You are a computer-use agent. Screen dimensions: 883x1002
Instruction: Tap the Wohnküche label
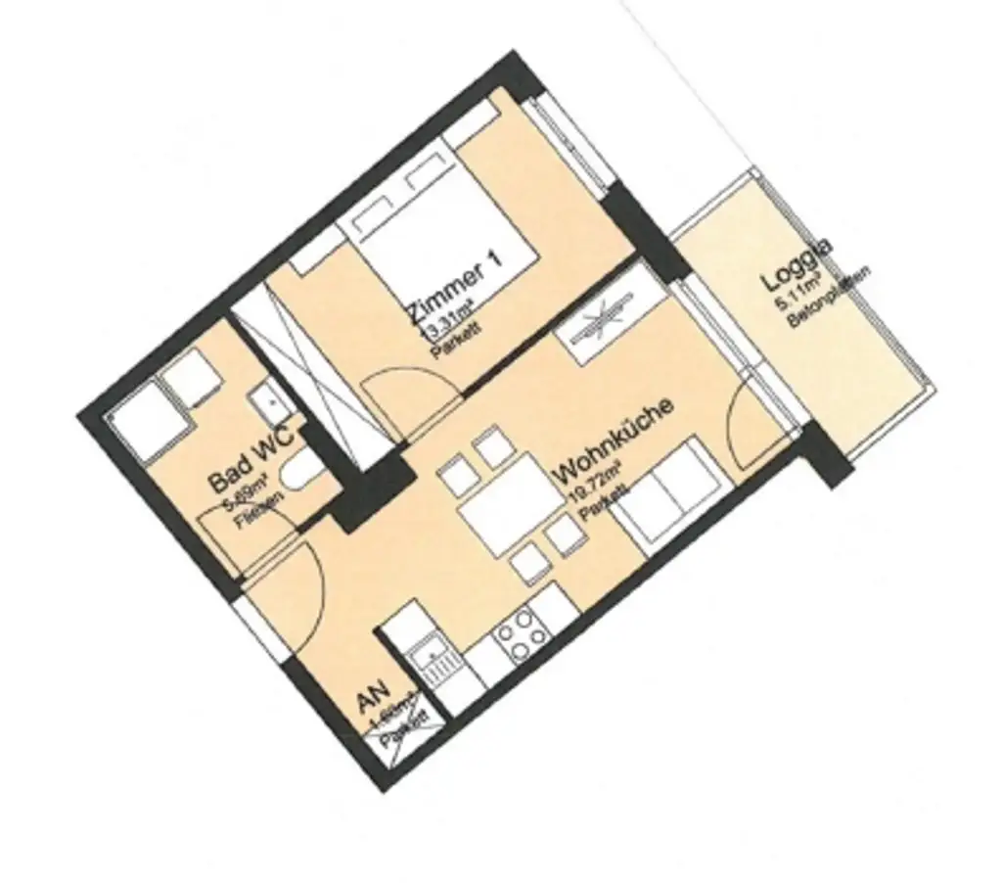(614, 441)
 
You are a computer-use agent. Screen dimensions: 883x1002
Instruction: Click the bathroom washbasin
(265, 401)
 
